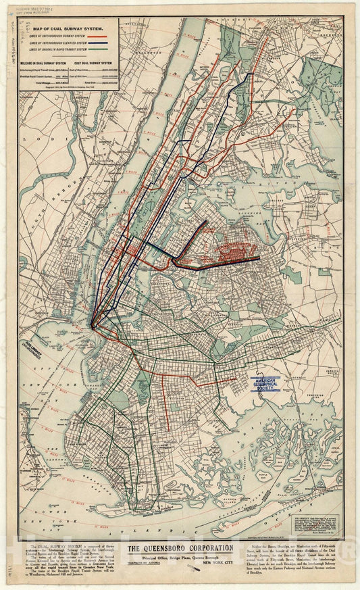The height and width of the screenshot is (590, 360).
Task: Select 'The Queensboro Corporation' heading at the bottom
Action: (180, 548)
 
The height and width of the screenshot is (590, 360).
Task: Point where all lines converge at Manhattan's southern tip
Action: (93, 326)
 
